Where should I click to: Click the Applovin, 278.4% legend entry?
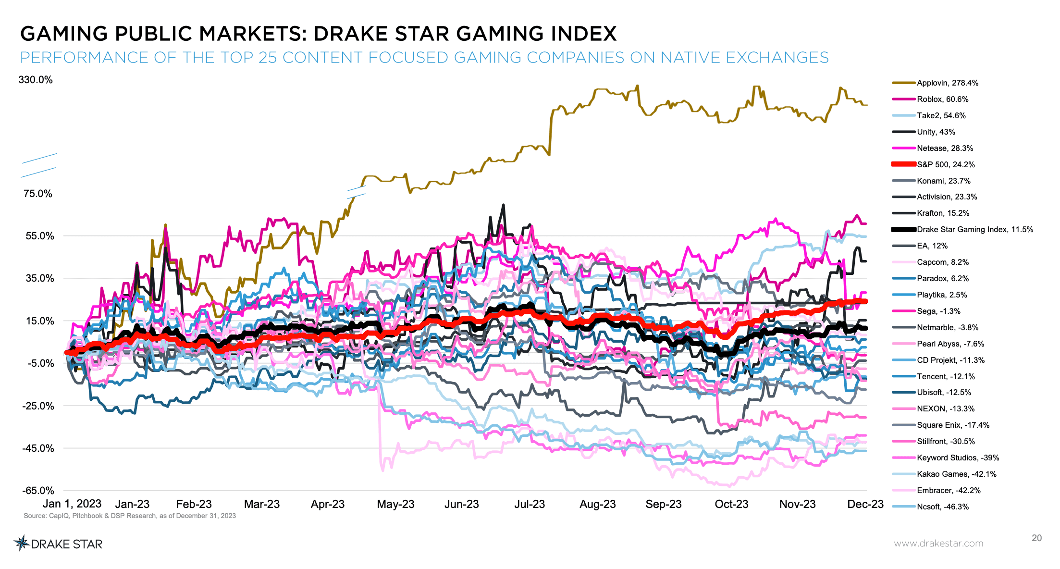[947, 83]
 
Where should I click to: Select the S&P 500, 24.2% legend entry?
[945, 164]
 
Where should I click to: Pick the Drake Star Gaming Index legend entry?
[974, 230]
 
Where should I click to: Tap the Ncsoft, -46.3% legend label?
[942, 507]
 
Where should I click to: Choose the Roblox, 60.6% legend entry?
[942, 99]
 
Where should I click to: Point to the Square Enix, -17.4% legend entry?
[952, 425]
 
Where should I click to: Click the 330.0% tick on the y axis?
[36, 80]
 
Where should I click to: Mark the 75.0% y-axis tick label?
[38, 194]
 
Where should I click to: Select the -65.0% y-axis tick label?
[38, 490]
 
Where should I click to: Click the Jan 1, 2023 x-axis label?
[72, 504]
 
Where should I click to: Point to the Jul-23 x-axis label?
[530, 504]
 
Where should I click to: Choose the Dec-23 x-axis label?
[865, 504]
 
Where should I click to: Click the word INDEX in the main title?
[583, 34]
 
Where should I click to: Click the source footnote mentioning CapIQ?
[130, 516]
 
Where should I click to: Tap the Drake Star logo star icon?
[21, 543]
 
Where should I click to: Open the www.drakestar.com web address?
[938, 544]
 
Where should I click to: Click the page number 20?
[1036, 538]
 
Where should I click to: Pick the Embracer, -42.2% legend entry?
[948, 490]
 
